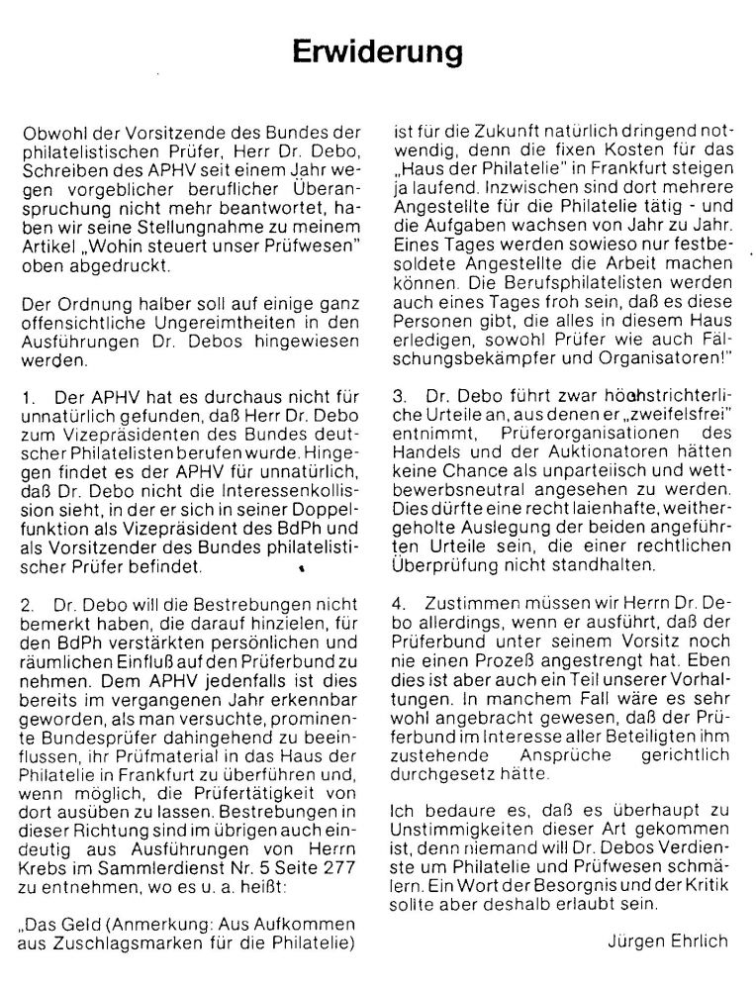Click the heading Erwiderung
pyautogui.click(x=377, y=49)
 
